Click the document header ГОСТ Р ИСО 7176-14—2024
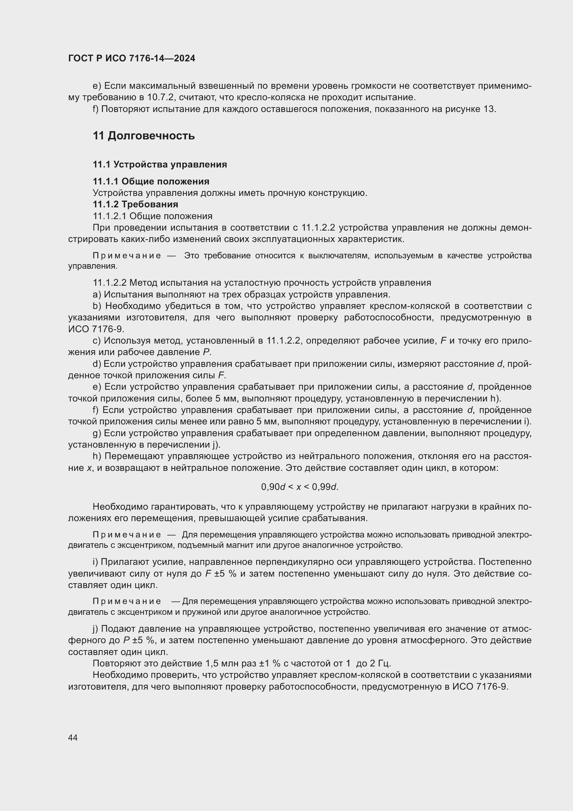(132, 58)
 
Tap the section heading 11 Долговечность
(144, 136)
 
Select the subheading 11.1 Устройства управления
(160, 164)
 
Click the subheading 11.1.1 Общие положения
(151, 181)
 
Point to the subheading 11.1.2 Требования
(135, 204)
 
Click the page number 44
(73, 737)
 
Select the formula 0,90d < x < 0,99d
(300, 487)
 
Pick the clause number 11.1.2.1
(110, 216)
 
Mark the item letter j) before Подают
(96, 628)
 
